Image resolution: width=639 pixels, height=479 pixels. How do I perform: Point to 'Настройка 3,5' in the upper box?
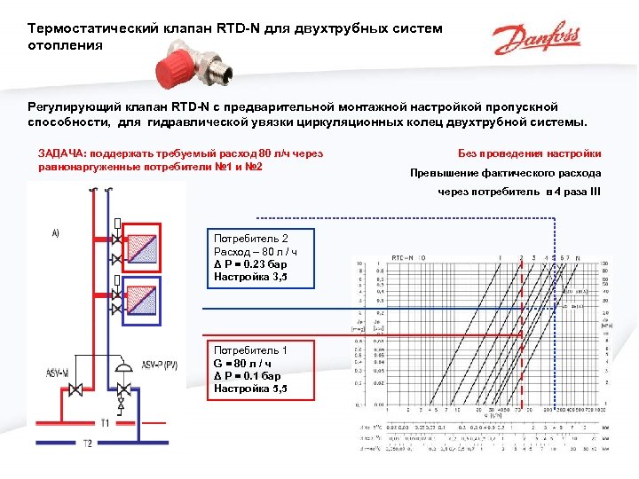pos(251,277)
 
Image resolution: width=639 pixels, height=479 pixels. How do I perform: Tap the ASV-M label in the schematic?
pos(59,370)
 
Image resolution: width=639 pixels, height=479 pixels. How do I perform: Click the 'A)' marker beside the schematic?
pos(55,233)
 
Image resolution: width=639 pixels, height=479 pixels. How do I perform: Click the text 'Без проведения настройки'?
pos(530,153)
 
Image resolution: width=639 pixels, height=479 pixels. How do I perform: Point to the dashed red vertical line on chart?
pos(521,337)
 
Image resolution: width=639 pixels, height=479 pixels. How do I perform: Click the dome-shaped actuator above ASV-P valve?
pos(126,365)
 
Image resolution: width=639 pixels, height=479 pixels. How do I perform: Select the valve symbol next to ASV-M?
pos(78,389)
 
